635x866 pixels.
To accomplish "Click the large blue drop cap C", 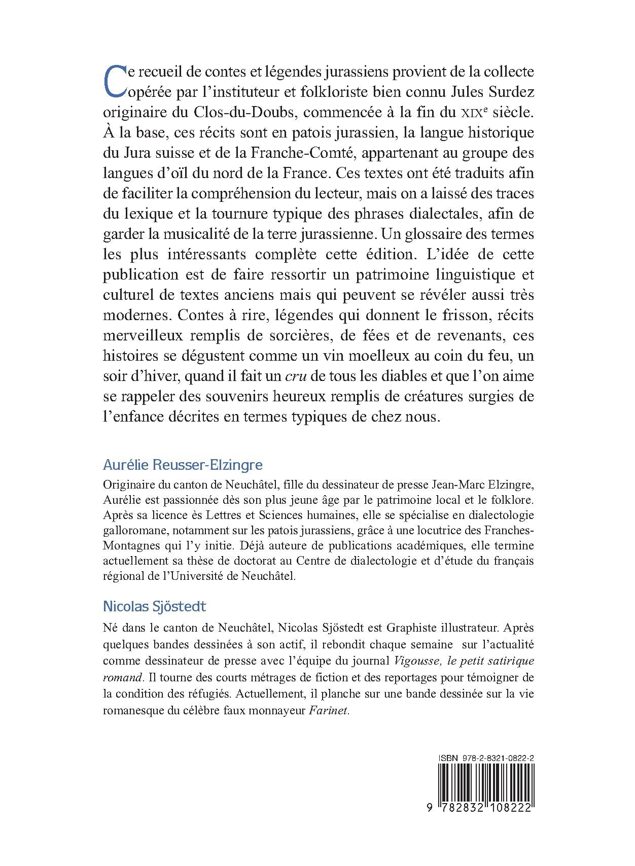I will pos(113,81).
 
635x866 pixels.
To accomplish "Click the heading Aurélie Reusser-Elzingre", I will pos(176,465).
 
